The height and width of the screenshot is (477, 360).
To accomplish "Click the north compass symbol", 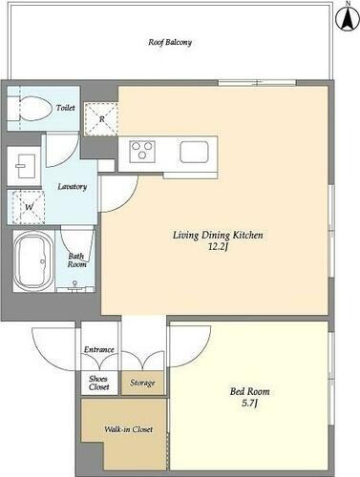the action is [348, 18].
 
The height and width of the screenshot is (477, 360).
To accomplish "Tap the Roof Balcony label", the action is [170, 42].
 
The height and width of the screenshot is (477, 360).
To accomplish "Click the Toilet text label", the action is [66, 108].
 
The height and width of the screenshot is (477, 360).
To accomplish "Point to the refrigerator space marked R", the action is [101, 119].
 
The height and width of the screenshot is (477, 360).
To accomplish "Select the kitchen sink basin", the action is [194, 152].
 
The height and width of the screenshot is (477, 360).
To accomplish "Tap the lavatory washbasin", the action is [24, 166].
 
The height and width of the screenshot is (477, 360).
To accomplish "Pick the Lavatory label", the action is [73, 187].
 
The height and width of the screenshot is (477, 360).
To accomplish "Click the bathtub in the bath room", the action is [33, 261].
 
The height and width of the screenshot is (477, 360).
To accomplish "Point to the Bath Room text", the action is [76, 260].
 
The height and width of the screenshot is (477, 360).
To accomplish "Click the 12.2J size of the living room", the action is [218, 247].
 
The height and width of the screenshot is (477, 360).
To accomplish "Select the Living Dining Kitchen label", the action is [218, 236].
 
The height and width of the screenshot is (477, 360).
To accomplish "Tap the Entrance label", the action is [99, 350].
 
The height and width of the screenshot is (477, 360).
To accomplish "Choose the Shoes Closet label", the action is [98, 383].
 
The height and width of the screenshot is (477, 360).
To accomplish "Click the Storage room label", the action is [142, 383].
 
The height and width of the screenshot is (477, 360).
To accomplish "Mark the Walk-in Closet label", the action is [128, 429].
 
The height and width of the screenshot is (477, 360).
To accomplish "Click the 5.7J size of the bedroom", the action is [249, 404].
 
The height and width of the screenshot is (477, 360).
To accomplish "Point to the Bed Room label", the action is [249, 391].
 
